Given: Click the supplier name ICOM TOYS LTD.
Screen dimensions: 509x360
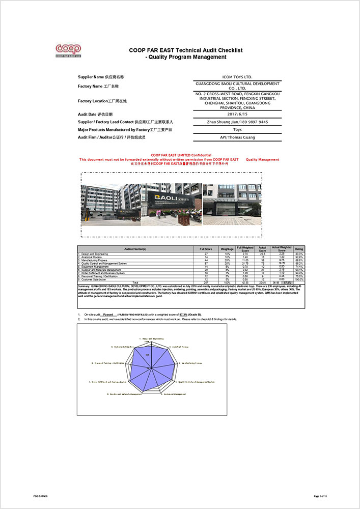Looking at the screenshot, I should click(238, 77).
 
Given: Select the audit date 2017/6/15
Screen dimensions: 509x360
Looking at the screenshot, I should click(238, 115).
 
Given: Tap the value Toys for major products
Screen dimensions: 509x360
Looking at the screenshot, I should click(238, 130).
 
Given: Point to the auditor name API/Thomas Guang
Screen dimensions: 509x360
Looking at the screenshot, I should click(238, 137).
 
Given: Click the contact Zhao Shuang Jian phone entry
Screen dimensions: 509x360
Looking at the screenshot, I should click(238, 122).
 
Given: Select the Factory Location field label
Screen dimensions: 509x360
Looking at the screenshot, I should click(102, 101).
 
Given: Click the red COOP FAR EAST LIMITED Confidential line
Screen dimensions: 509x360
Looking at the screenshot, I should click(181, 155).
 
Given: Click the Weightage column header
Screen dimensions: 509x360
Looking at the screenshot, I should click(227, 249).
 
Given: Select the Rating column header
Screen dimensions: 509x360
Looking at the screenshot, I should click(299, 249).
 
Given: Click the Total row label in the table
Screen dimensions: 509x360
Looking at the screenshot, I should click(135, 282).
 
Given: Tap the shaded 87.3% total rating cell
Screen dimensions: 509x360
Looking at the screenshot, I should click(288, 282).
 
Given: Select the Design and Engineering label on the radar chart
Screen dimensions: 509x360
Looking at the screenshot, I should click(151, 338).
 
